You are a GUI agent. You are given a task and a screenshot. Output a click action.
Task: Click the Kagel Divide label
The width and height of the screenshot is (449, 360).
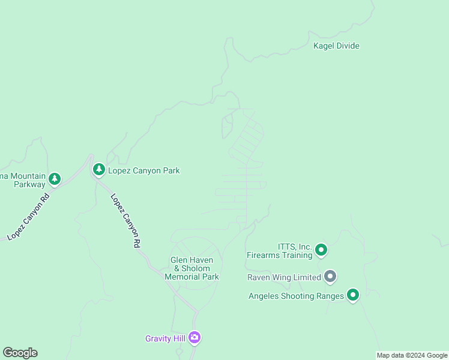point(336,46)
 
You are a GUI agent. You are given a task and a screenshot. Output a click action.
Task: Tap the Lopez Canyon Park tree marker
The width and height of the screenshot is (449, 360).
point(99,170)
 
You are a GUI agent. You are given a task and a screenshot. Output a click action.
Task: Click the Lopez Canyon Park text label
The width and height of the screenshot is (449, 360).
point(143,171)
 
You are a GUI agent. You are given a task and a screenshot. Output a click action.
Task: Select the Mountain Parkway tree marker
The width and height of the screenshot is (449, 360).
point(55,179)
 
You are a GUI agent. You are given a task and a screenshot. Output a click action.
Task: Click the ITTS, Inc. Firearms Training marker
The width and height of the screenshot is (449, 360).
point(321,250)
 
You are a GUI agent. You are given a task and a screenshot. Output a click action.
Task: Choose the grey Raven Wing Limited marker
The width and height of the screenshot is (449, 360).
point(330,277)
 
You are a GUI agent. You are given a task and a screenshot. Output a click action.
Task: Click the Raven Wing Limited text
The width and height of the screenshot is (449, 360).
point(284,278)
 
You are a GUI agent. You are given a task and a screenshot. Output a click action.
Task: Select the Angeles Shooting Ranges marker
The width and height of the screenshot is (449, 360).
point(352,295)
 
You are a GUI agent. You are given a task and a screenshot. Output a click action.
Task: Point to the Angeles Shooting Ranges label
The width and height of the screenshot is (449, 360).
point(296,296)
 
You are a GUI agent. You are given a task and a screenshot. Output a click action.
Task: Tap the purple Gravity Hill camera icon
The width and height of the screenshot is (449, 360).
point(194,337)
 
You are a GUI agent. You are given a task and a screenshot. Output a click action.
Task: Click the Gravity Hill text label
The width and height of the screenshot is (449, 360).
point(165,338)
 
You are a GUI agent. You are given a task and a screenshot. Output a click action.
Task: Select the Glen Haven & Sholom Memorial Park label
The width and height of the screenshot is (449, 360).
point(192,268)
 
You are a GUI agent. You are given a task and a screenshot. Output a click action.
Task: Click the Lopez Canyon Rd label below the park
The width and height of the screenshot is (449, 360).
point(125,221)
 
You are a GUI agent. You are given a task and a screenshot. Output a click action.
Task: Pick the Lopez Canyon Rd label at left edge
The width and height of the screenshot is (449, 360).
point(28,216)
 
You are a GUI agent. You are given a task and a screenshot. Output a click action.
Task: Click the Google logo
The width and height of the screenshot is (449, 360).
point(20,353)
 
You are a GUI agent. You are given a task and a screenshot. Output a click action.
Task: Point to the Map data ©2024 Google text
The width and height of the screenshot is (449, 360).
point(412,355)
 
